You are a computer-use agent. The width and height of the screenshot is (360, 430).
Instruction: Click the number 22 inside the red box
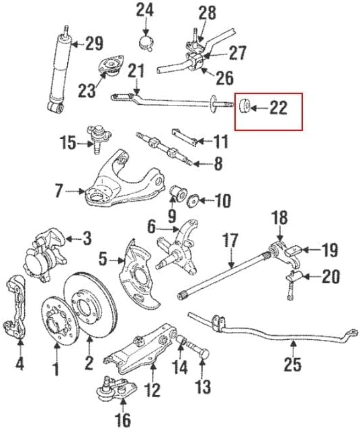click(278, 108)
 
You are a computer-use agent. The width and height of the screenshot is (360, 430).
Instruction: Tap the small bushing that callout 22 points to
click(244, 106)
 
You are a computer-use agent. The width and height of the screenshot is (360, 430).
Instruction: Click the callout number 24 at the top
click(145, 10)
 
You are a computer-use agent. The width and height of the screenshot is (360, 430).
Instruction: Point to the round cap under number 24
click(146, 42)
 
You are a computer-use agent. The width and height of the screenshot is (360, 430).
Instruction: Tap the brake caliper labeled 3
click(46, 255)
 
